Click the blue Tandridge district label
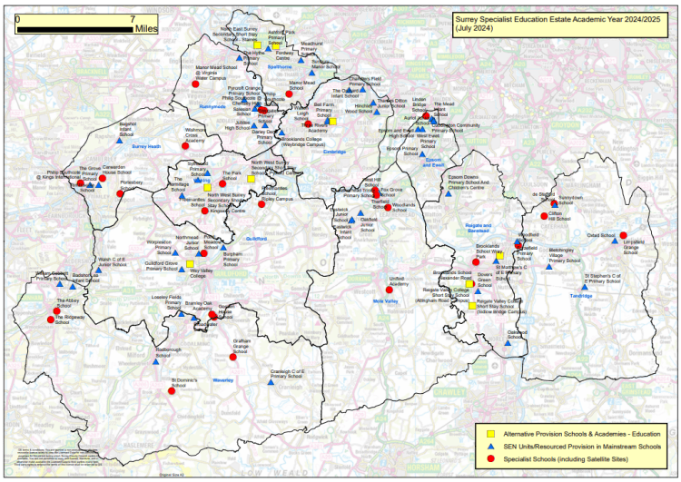click(x=581, y=295)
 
